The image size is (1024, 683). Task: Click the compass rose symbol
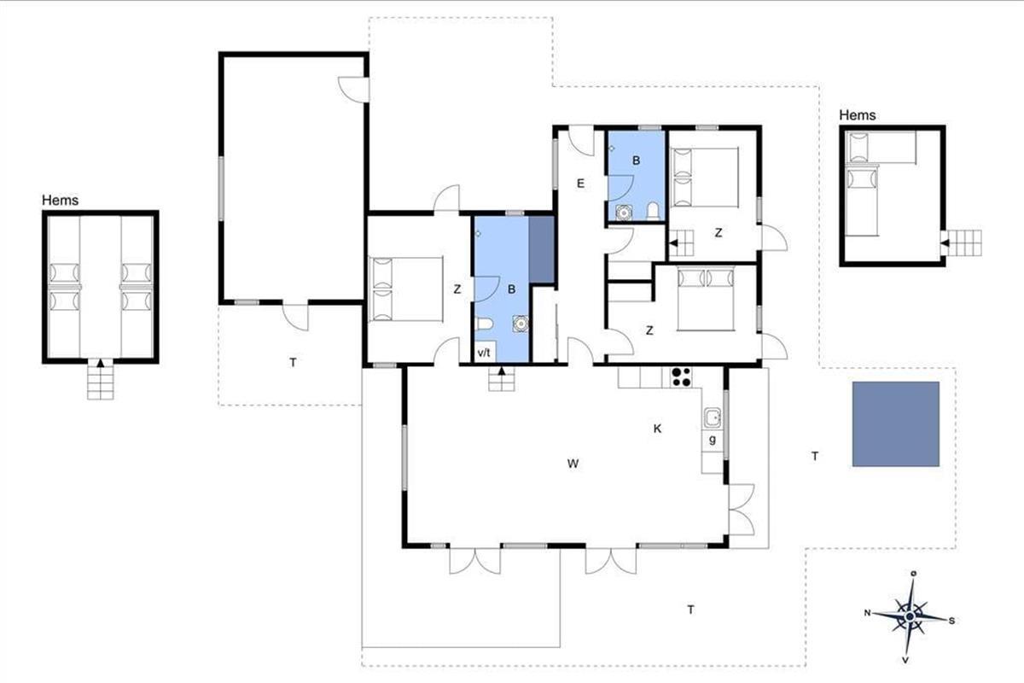click(x=910, y=616)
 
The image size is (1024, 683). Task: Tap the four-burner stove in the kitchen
click(x=681, y=377)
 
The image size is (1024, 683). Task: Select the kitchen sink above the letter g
click(x=713, y=417)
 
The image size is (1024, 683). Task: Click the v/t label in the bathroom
click(x=484, y=353)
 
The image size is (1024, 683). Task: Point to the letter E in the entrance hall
click(x=580, y=184)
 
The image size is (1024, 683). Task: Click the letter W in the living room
click(x=573, y=464)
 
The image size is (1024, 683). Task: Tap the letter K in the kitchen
click(x=657, y=429)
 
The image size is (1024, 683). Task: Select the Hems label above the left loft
click(x=60, y=200)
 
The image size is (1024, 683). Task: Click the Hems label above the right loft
click(x=857, y=114)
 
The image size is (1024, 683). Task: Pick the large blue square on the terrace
click(x=895, y=424)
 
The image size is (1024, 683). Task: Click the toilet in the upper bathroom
click(x=654, y=211)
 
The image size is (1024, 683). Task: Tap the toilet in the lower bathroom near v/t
click(x=484, y=324)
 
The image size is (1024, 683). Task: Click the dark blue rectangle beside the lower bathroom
click(x=542, y=250)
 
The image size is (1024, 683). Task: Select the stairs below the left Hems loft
click(x=100, y=379)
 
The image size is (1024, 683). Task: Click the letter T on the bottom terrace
click(x=690, y=610)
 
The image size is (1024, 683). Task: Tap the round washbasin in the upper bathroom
click(x=623, y=213)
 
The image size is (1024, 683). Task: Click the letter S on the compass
click(x=951, y=621)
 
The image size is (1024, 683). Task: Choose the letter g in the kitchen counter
click(x=713, y=440)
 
